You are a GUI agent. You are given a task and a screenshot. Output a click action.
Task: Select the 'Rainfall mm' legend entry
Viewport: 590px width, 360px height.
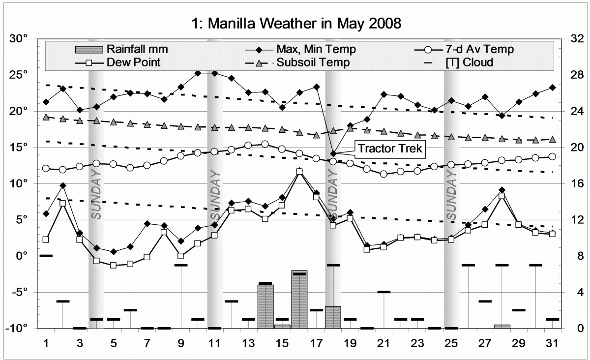pos(136,49)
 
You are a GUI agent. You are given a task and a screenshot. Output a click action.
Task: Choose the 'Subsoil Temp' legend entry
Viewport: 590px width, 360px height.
pos(313,62)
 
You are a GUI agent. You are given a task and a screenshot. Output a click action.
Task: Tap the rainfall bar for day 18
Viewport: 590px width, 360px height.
pos(333,317)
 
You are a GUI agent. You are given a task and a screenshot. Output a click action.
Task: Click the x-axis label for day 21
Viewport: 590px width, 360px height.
pos(384,341)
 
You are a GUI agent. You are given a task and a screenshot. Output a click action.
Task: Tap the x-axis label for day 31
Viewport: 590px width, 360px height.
pos(552,341)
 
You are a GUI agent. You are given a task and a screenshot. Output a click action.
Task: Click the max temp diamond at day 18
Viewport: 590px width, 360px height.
pos(333,154)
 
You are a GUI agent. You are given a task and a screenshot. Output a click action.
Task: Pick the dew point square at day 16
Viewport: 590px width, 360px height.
pos(299,172)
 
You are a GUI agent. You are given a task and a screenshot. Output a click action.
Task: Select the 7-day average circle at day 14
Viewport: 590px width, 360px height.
pos(265,144)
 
